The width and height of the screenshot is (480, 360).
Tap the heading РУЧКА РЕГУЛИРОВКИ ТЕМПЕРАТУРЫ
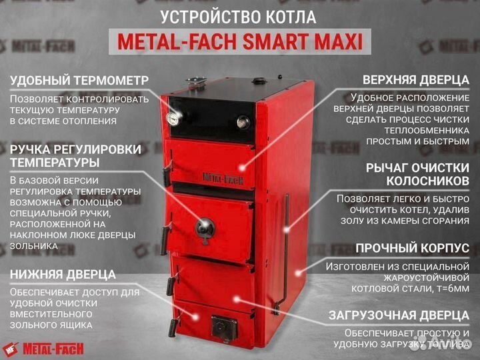point(75,156)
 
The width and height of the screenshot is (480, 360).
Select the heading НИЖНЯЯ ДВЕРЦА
point(63,274)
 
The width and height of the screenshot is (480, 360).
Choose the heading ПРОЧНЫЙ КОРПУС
point(412,248)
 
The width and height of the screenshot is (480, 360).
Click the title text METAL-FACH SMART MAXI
point(240,42)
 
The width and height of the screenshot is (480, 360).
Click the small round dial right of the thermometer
point(243,121)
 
